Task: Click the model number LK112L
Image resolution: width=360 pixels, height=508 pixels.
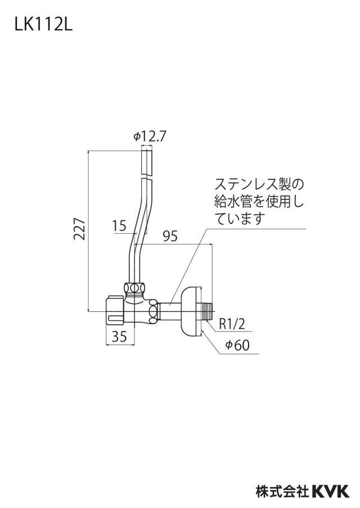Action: click(43, 25)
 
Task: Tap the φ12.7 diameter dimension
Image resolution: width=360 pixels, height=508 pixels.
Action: click(150, 137)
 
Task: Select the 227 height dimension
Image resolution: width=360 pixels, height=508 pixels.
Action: click(79, 229)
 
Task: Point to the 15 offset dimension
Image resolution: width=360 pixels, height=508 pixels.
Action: click(120, 225)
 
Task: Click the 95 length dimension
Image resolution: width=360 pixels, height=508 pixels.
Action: click(170, 237)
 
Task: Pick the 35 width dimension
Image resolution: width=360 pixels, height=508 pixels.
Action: click(119, 337)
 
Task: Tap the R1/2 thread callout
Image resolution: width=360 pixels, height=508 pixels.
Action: click(232, 324)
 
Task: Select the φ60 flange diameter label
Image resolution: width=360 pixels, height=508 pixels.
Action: click(238, 346)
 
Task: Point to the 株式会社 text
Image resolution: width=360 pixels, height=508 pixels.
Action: click(282, 491)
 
